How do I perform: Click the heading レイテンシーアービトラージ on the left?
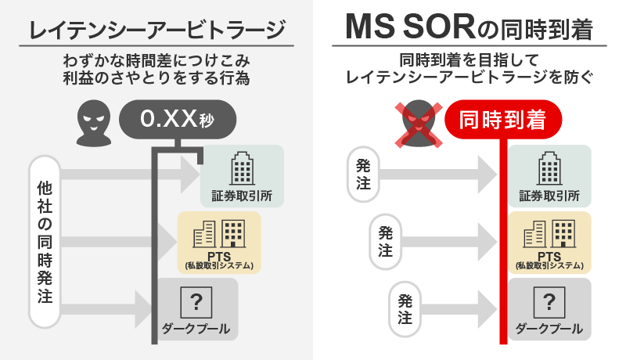tap(156, 30)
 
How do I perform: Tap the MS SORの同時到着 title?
tap(468, 29)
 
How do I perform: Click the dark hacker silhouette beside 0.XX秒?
tap(93, 121)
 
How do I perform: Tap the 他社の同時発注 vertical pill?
tap(45, 242)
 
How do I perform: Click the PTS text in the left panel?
tap(218, 255)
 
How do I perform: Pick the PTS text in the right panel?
tap(549, 255)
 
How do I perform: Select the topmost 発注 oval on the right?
tap(363, 175)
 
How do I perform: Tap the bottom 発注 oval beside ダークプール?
tap(405, 308)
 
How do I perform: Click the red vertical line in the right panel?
tap(500, 235)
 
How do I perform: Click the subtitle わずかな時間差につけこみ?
tap(156, 60)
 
